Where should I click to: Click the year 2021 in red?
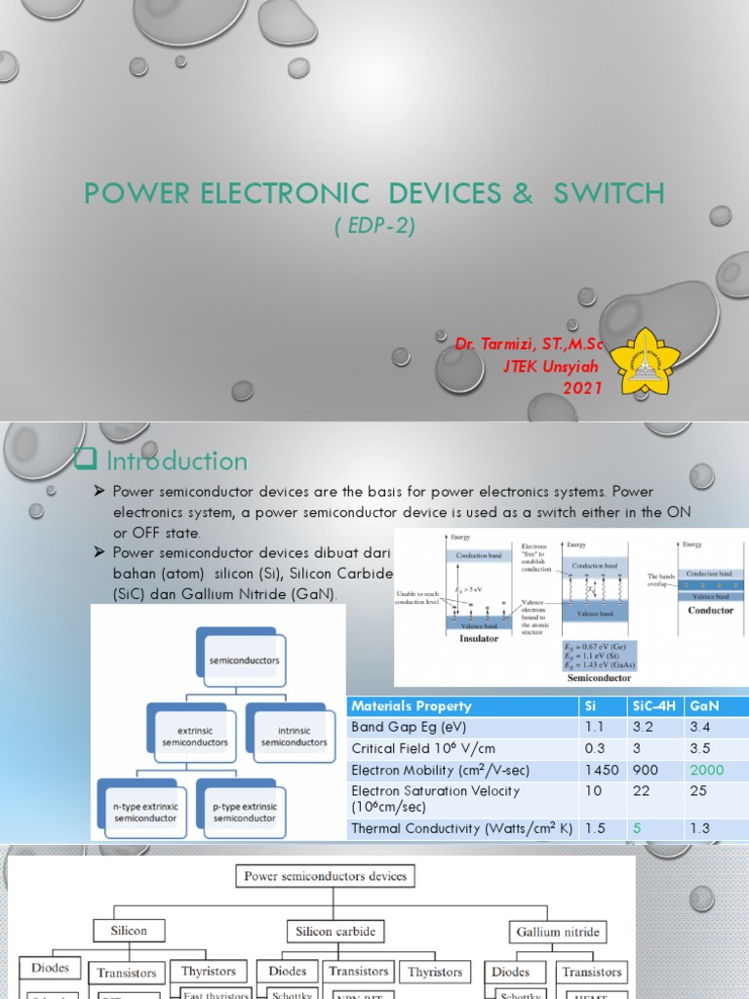point(583,388)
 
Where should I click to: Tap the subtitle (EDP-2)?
point(374,225)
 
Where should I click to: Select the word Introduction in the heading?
point(177,460)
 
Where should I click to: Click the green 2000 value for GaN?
point(707,770)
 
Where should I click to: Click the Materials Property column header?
point(412,706)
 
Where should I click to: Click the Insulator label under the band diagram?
point(478,639)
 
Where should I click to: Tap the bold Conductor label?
point(710,611)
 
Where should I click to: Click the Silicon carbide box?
point(335,931)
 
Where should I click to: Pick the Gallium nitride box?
point(559,931)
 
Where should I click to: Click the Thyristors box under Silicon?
point(209,972)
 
